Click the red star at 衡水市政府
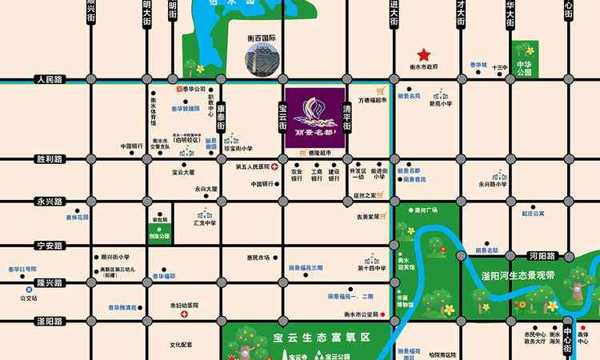point(424,54)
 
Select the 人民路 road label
point(50,80)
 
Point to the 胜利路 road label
point(50,159)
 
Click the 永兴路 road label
point(50,202)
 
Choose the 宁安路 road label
point(50,246)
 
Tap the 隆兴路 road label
point(50,283)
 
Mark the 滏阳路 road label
point(50,321)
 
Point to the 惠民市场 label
point(258,258)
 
